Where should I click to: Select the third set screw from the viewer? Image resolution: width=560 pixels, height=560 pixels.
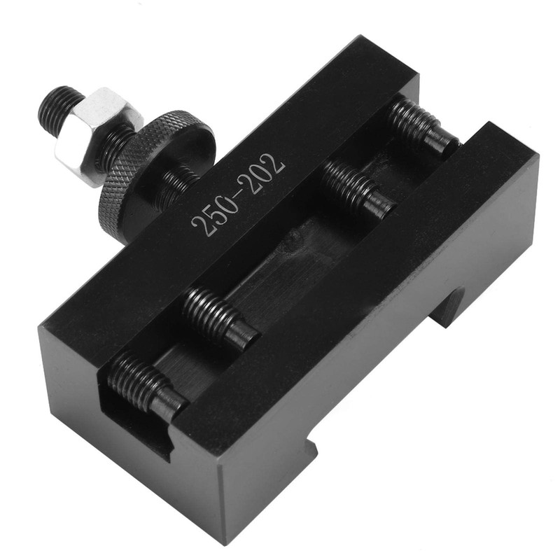(x=358, y=188)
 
